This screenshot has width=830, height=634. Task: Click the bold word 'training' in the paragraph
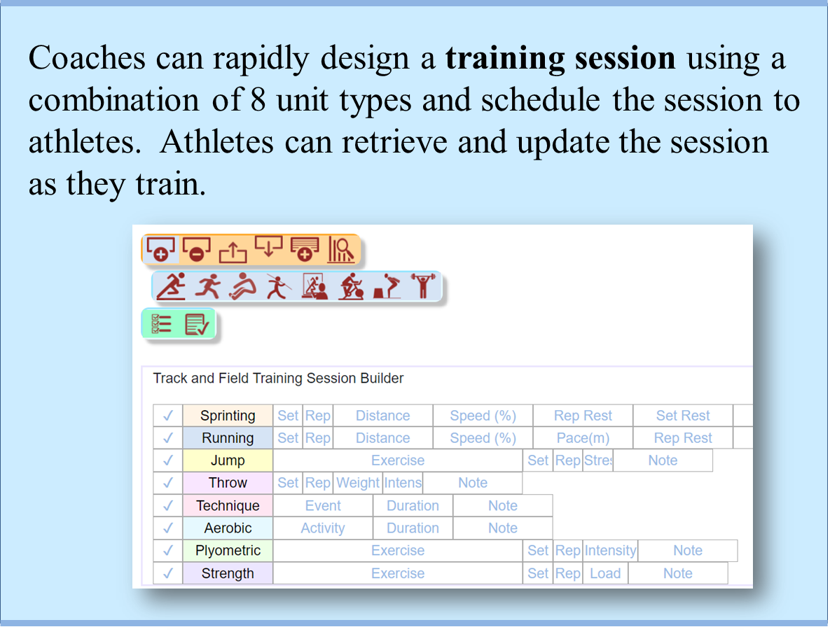505,58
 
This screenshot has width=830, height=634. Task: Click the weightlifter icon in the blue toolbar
423,286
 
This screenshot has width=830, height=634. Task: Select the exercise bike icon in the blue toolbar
352,286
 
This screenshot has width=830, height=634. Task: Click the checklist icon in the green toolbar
162,324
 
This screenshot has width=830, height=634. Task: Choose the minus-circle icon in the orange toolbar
196,249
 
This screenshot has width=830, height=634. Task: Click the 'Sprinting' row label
228,416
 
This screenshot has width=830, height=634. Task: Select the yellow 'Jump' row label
228,460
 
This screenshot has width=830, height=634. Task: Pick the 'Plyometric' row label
228,551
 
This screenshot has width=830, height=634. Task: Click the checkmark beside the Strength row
168,573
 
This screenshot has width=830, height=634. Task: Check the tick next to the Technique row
168,505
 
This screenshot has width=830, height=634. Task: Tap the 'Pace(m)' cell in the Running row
583,438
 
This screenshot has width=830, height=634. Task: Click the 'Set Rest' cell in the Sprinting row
683,416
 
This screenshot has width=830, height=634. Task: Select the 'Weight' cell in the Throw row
358,483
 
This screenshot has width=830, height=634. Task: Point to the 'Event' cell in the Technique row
323,505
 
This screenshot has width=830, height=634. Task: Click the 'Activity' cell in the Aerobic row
323,528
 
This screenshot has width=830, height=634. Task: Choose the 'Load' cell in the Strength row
605,573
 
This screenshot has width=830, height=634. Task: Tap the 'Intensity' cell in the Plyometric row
610,551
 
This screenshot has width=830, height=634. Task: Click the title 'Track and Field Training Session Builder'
278,378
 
